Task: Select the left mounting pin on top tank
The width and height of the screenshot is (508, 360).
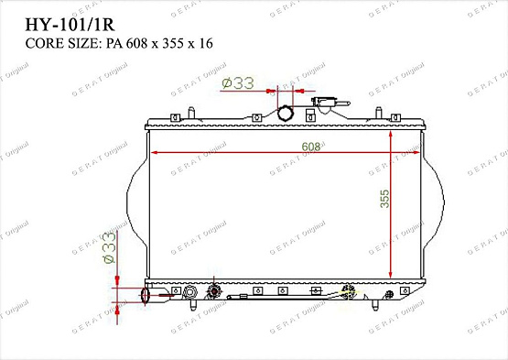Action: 190,114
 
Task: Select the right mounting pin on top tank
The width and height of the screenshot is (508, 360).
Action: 377,114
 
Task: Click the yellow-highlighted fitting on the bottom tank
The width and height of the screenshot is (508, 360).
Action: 348,292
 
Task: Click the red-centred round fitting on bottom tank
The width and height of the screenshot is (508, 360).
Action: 215,291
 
